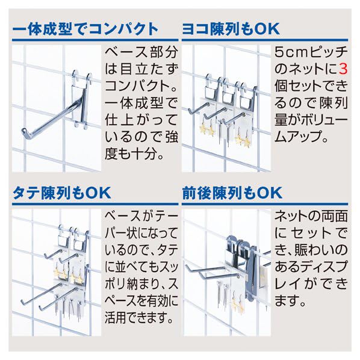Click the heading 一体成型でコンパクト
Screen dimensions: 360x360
point(85,28)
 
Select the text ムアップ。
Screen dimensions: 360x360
point(300,137)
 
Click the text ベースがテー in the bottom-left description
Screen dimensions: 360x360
point(141,215)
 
